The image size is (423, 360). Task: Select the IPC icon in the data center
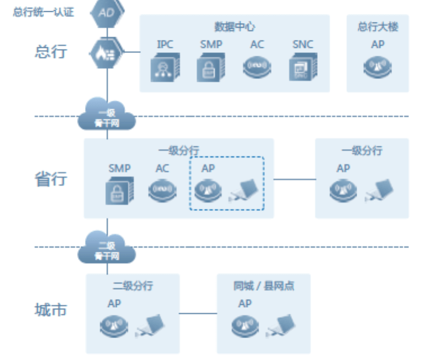[165, 69]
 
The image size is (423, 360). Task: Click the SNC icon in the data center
[303, 69]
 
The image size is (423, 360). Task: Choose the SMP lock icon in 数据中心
[211, 69]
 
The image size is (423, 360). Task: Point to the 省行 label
[51, 179]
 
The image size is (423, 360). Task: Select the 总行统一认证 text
[43, 12]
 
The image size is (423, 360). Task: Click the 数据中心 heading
[235, 26]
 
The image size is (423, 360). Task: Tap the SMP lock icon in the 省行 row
[119, 191]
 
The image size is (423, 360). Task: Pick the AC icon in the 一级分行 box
[163, 190]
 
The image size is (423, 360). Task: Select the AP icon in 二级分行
[114, 325]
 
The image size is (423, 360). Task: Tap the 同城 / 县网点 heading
[264, 286]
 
